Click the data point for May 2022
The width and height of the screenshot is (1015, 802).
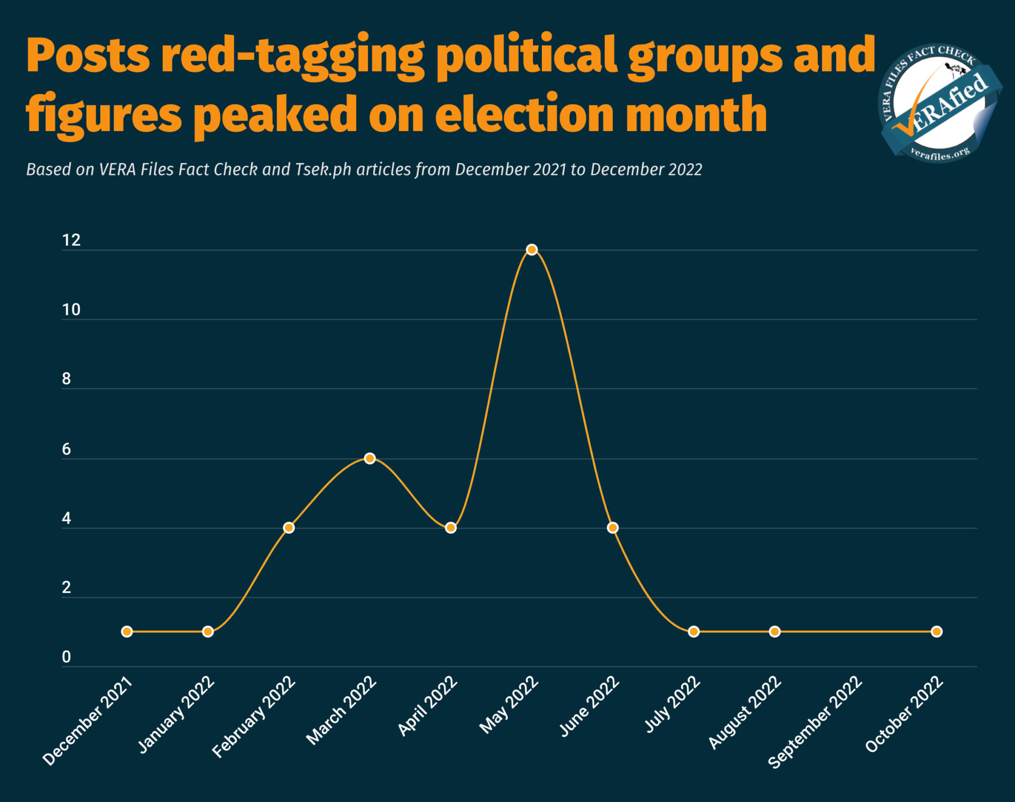coord(532,249)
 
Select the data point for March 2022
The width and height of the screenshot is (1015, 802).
coord(370,458)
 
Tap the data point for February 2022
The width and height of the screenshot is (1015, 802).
coord(289,527)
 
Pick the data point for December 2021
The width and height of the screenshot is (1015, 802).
coord(127,631)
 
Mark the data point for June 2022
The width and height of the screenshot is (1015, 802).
coord(613,527)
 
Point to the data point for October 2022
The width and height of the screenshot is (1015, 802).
coord(936,631)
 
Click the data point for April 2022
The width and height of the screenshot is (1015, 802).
coord(450,527)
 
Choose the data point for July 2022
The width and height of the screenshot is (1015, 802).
coord(694,631)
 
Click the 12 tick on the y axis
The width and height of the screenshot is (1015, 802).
coord(71,240)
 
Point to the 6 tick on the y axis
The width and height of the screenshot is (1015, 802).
coord(66,449)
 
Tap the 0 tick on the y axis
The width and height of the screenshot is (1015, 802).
coord(66,657)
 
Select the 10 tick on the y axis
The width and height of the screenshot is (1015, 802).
coord(71,310)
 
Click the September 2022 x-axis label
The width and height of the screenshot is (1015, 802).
coord(815,722)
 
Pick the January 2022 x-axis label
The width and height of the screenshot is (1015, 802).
coord(176,714)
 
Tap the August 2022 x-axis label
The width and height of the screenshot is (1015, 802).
coord(744,712)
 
